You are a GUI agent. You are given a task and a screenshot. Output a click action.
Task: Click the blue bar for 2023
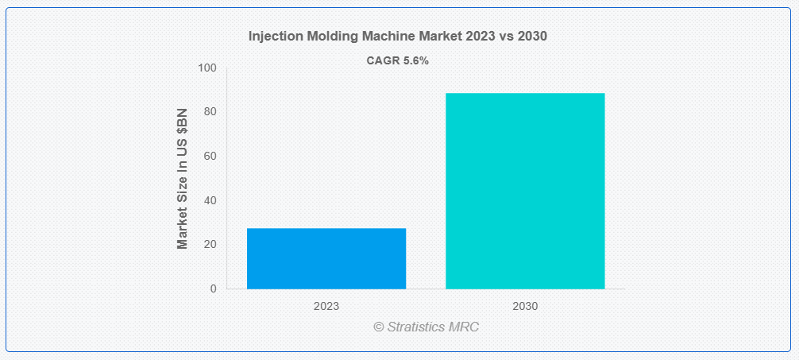(x=326, y=258)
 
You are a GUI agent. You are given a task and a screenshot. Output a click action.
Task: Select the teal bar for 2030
(x=525, y=192)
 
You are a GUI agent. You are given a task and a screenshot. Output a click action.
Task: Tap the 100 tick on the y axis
(x=209, y=68)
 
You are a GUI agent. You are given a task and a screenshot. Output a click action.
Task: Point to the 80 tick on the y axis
(x=211, y=112)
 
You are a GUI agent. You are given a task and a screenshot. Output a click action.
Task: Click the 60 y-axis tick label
(x=211, y=156)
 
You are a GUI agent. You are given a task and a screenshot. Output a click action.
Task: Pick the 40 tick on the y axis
(x=211, y=200)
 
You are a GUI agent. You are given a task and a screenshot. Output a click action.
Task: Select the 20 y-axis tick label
(x=211, y=245)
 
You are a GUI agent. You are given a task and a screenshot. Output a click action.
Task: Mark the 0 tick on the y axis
(x=214, y=289)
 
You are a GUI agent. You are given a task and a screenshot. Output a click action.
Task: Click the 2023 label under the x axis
(x=326, y=307)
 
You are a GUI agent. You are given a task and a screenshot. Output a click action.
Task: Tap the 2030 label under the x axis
(x=525, y=307)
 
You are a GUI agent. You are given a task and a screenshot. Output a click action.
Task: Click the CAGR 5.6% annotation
(x=397, y=60)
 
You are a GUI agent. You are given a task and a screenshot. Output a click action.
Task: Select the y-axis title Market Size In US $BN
(x=183, y=179)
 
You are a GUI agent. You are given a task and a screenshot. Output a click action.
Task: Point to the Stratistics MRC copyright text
(x=427, y=327)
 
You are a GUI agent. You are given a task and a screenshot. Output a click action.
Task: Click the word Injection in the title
(x=269, y=37)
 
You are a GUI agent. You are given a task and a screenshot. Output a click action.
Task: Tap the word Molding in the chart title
(x=315, y=37)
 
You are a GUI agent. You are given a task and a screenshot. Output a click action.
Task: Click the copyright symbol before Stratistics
(x=379, y=327)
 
